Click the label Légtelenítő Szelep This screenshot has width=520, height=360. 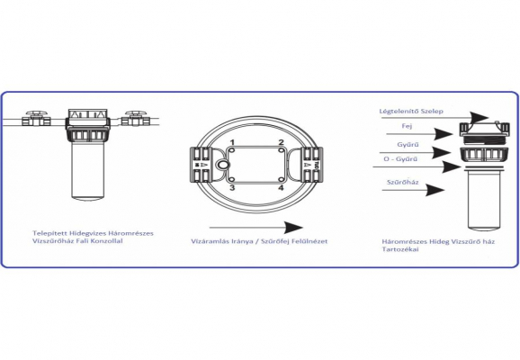[411, 112]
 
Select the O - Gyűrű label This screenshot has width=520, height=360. [400, 159]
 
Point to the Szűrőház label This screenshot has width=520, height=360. [403, 182]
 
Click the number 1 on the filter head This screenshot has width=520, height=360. [232, 143]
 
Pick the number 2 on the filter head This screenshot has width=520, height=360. [282, 143]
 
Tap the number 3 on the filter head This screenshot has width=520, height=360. [232, 188]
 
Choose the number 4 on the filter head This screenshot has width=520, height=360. [281, 188]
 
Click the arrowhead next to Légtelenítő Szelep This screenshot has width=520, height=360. [480, 118]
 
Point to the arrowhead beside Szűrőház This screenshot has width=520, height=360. [435, 190]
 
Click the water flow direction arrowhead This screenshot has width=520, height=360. [293, 228]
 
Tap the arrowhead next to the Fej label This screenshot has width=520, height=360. [444, 134]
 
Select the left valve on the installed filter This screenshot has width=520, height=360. [36, 119]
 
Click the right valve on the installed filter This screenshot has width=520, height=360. [136, 119]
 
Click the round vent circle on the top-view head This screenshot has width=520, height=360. [222, 165]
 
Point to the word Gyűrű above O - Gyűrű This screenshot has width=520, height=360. [408, 145]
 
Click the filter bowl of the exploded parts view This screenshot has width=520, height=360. [485, 199]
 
